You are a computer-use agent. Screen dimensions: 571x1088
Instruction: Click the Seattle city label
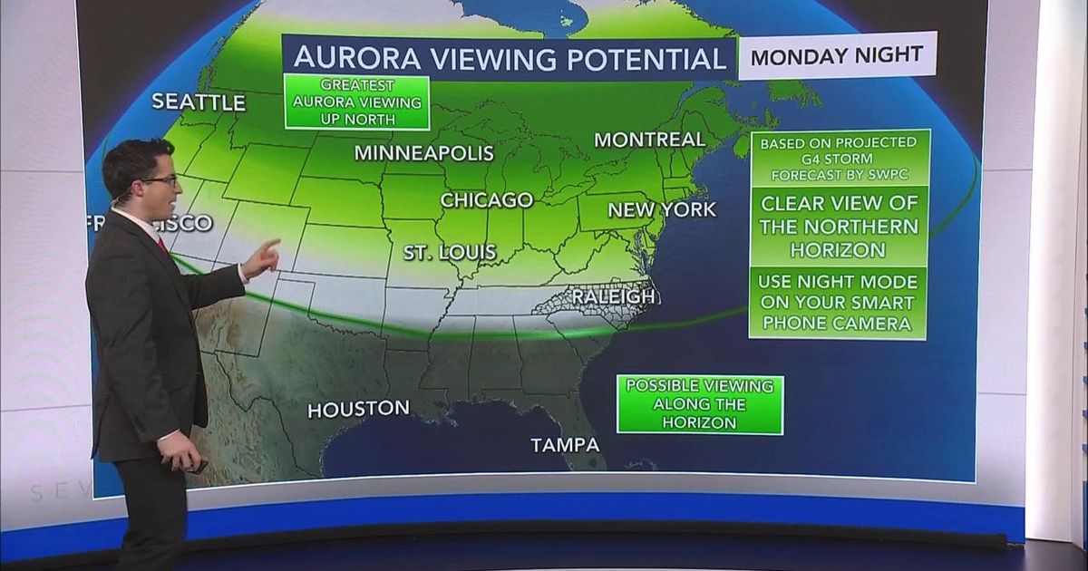(x=199, y=102)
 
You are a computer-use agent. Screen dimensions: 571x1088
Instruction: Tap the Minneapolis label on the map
(x=423, y=152)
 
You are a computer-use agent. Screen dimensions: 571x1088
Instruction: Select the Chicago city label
(x=486, y=199)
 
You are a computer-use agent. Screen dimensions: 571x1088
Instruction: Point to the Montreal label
(x=649, y=140)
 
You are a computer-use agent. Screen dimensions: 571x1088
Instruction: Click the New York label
(x=662, y=210)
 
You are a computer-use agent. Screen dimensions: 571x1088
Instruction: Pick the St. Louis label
(x=450, y=252)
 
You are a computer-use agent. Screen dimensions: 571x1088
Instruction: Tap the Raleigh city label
(x=613, y=296)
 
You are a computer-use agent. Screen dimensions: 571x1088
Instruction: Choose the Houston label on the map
(x=358, y=410)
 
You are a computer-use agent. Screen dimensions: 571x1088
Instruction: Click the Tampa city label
(x=565, y=445)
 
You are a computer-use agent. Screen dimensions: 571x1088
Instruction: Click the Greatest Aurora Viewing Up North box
(x=356, y=102)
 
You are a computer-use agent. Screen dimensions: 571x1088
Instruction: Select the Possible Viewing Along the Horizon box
(x=699, y=404)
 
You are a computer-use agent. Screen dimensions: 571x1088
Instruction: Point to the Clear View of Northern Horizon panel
(x=839, y=226)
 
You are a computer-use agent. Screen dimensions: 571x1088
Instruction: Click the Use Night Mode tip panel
(x=839, y=303)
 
